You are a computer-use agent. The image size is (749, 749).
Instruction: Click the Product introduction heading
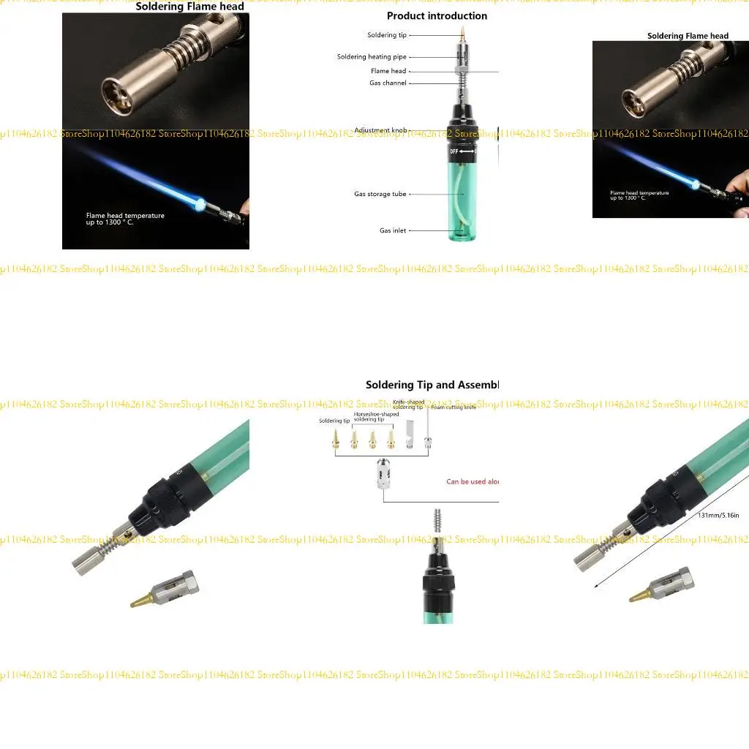437,16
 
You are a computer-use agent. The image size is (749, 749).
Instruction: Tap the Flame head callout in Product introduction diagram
388,71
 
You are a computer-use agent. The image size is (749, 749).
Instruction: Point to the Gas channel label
388,83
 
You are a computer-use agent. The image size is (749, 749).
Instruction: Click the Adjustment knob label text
380,131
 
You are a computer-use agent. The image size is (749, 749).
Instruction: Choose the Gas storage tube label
380,195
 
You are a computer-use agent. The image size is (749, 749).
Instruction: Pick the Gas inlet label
392,231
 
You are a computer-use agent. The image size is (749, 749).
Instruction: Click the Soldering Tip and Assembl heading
432,385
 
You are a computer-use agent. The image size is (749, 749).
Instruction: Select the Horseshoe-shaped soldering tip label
376,416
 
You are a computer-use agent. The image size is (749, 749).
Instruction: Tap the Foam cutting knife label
453,407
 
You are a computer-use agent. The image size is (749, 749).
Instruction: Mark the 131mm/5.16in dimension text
719,516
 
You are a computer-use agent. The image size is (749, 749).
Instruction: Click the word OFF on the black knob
453,151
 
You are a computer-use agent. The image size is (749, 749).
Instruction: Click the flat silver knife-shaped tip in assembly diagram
410,442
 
